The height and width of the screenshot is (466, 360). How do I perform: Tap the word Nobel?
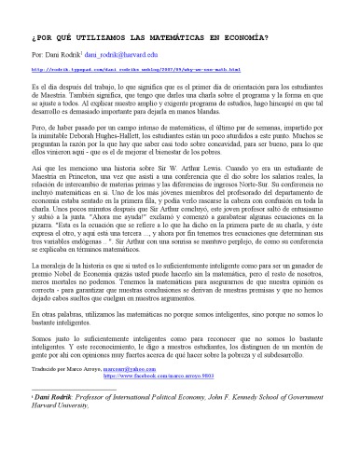click(x=63, y=301)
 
